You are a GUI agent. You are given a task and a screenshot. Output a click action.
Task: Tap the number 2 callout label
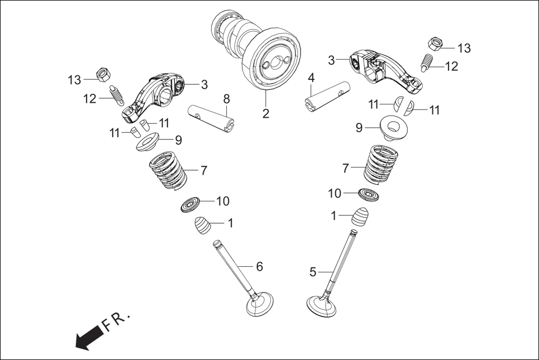point(266,114)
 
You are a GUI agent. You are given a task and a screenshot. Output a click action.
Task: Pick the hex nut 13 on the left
point(103,73)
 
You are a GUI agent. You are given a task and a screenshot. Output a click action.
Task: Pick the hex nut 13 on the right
point(436,44)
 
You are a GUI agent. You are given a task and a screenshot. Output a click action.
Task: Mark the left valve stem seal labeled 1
point(203,226)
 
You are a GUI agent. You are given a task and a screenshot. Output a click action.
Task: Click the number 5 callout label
point(313,272)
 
